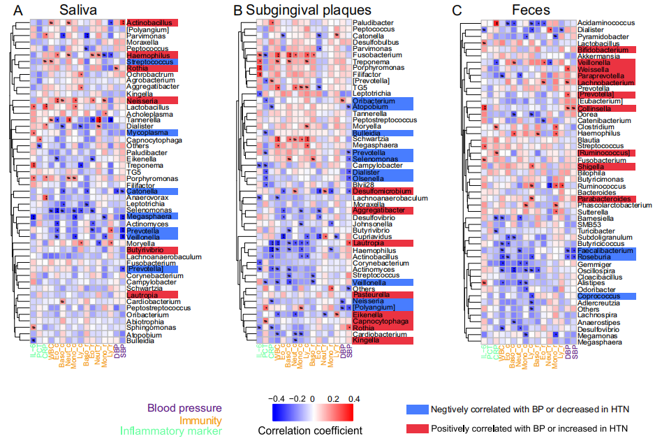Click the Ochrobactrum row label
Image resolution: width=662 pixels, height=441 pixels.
point(149,74)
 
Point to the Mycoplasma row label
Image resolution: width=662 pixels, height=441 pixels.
point(147,133)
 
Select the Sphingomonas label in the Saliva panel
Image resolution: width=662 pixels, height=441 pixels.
point(150,327)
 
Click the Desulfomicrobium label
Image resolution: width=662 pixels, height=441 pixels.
point(379,191)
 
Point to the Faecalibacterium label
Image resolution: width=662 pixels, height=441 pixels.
point(605,250)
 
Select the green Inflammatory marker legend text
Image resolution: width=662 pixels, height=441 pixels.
point(171,432)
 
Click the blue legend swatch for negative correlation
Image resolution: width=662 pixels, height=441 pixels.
point(415,409)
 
